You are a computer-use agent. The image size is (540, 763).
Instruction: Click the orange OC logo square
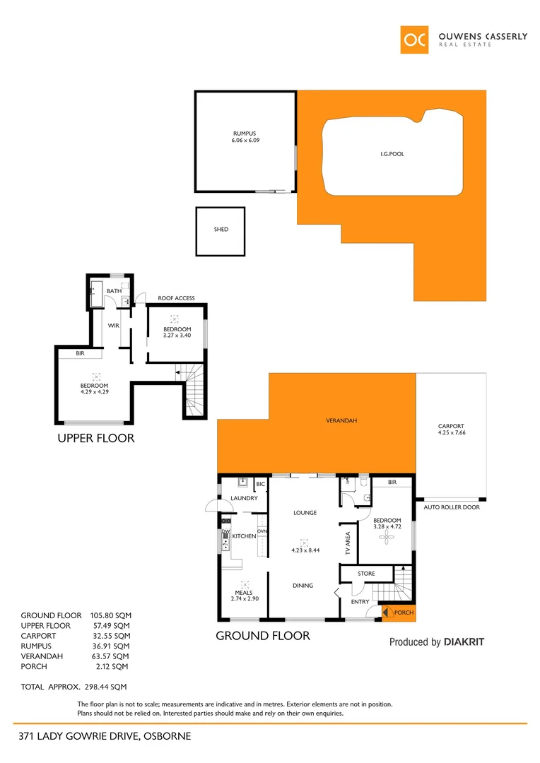[414, 40]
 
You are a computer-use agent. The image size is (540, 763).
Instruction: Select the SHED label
[221, 230]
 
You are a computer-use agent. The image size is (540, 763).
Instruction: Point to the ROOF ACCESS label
[176, 298]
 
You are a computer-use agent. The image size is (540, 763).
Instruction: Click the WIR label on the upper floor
[113, 326]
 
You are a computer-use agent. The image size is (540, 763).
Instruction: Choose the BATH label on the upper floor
[114, 291]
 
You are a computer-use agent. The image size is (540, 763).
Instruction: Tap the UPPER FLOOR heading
[95, 438]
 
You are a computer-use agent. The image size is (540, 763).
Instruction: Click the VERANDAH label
[341, 420]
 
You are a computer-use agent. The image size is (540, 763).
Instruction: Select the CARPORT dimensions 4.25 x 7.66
[451, 432]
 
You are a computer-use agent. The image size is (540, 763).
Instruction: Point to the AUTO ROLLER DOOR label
[451, 507]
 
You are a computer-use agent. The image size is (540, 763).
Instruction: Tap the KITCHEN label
[244, 537]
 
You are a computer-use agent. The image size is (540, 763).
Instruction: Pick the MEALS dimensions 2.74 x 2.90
[245, 598]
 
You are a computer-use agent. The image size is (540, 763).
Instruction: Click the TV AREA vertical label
[347, 544]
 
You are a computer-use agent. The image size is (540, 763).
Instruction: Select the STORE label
[366, 574]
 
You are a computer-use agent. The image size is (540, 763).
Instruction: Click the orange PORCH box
[398, 613]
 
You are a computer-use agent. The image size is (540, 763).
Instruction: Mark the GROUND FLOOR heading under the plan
[262, 636]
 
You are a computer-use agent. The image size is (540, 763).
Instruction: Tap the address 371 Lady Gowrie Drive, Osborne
[105, 736]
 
